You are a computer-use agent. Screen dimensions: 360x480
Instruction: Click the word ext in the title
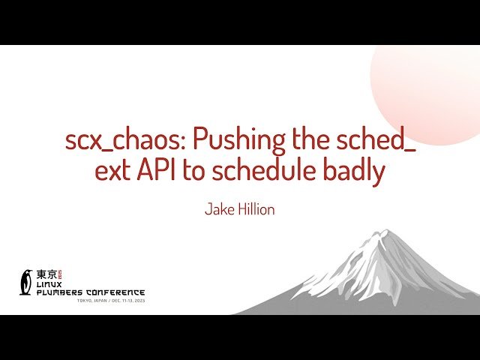[112, 172]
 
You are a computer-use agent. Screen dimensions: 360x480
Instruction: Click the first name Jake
[220, 209]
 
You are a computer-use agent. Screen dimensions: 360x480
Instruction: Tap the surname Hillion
[256, 209]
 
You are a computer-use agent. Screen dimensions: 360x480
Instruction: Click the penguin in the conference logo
[27, 281]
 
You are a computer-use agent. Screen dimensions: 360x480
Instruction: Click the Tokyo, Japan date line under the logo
[110, 301]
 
